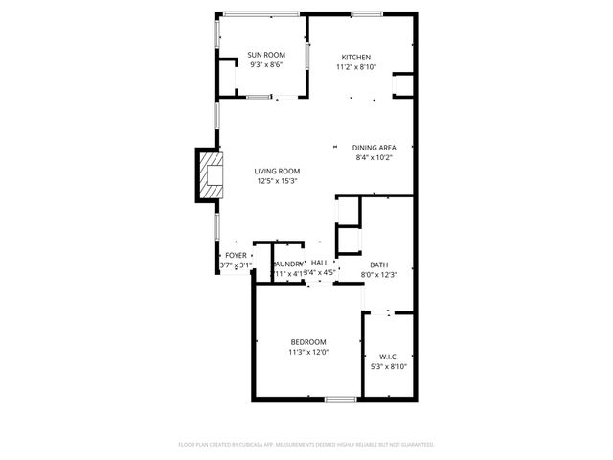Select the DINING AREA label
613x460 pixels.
pos(374,147)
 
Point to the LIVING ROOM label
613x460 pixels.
pos(277,171)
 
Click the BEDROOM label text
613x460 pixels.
pos(308,342)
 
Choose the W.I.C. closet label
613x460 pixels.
pos(388,356)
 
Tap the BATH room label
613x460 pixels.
pos(378,264)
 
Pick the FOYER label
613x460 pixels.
pos(236,256)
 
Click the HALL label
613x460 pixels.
pos(319,263)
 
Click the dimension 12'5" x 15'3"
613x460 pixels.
pos(277,181)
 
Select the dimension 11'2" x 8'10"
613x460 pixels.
pos(356,68)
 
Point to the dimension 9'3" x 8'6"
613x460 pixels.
pos(265,65)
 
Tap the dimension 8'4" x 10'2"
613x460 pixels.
pos(374,157)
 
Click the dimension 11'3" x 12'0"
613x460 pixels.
pos(308,352)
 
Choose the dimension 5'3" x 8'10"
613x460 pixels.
pos(388,366)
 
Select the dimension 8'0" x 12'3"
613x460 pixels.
pos(378,274)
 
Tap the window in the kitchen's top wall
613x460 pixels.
pos(364,13)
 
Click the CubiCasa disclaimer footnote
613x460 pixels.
pos(306,445)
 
